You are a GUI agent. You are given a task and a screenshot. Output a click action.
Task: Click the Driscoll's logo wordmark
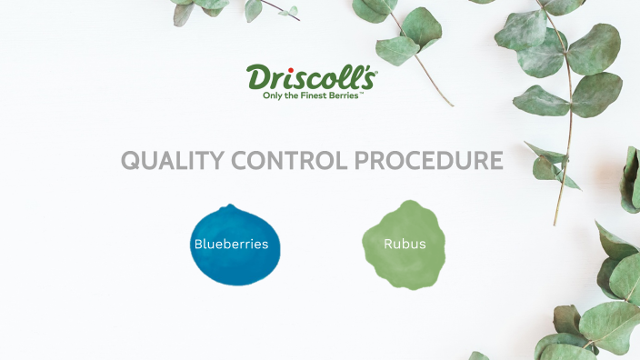coord(311,76)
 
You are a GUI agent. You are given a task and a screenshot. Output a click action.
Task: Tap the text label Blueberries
coord(231,245)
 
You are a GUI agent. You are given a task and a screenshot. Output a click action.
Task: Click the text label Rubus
coord(405,245)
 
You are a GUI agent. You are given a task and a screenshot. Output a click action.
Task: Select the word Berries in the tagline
coord(345,95)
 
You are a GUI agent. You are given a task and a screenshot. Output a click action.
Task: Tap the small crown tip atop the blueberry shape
coord(232,207)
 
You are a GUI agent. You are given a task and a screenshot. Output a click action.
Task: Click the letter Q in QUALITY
coord(132,161)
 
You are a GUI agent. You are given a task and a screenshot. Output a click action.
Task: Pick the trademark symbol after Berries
coord(362,92)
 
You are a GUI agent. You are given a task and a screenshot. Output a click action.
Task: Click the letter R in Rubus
coord(388,245)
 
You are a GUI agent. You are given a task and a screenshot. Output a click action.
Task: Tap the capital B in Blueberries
coord(198,245)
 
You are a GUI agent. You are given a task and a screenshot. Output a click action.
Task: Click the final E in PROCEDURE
coord(495,161)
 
